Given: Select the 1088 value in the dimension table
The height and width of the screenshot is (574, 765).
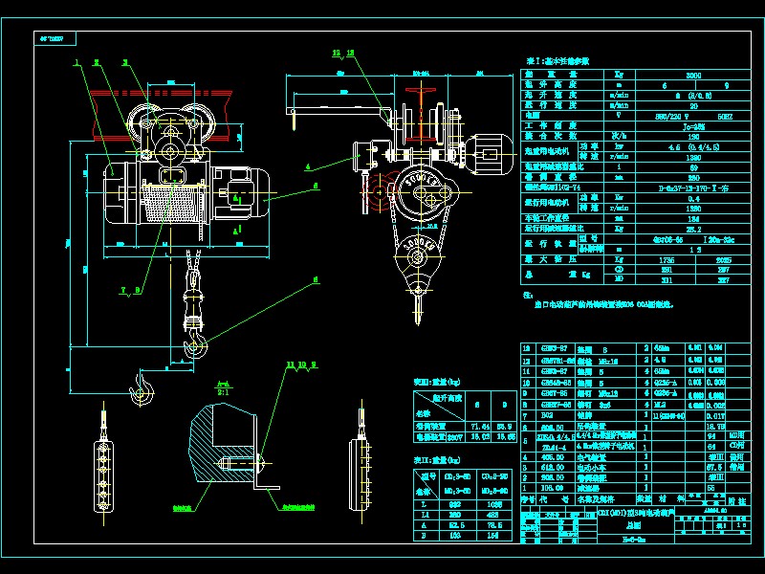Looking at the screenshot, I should [x=495, y=503].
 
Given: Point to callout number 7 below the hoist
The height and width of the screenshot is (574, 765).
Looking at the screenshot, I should [x=124, y=288].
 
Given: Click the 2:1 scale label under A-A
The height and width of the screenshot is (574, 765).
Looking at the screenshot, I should [x=222, y=392].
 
